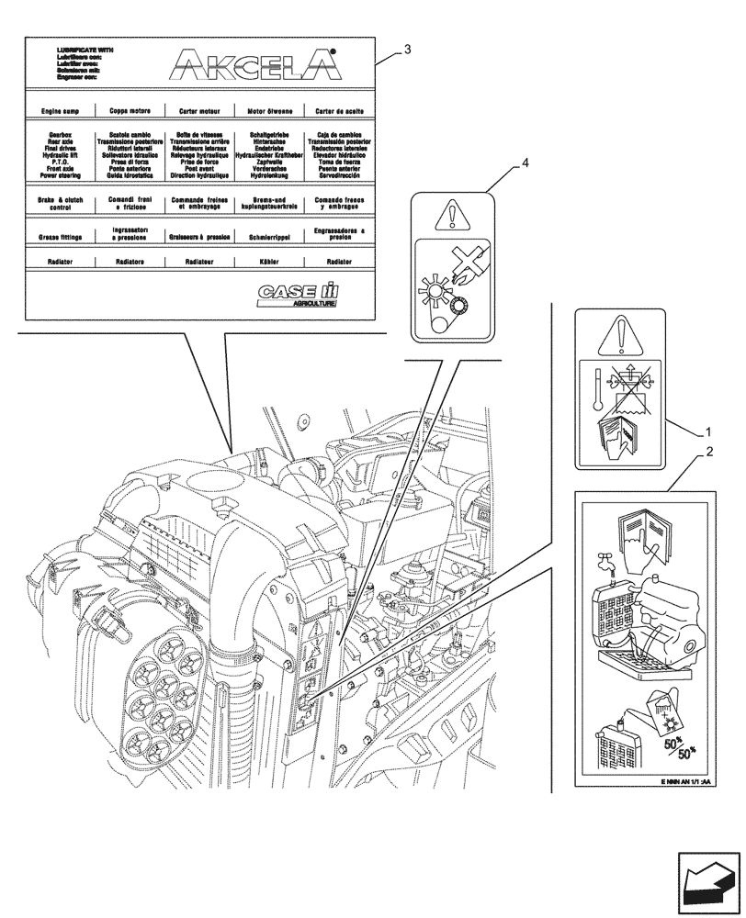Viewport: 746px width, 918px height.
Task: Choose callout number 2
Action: pyautogui.click(x=708, y=453)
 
